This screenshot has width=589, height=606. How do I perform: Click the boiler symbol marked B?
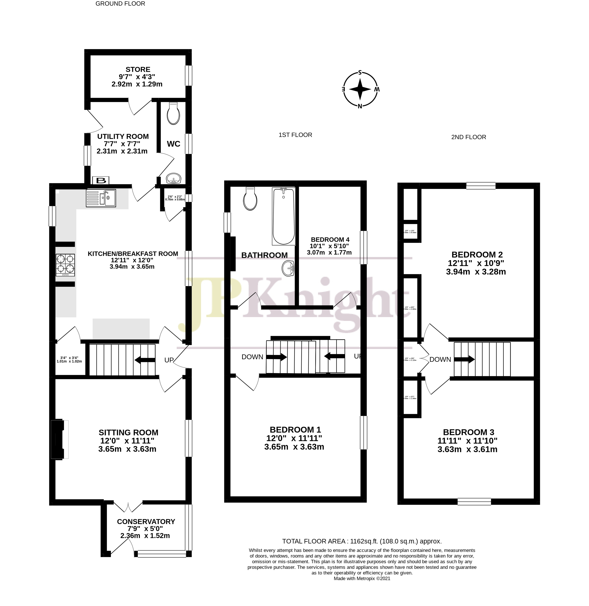coord(100,180)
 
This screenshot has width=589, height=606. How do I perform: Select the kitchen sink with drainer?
coord(101,198)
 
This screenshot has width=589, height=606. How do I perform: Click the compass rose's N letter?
coord(360,106)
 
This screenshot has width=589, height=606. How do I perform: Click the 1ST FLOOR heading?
coord(295,135)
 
